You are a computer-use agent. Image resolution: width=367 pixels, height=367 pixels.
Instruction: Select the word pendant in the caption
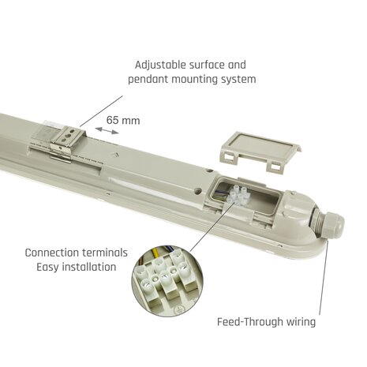(x=148, y=79)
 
